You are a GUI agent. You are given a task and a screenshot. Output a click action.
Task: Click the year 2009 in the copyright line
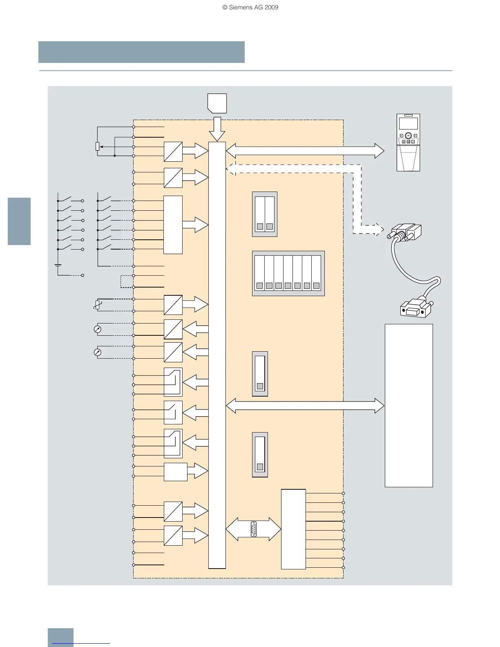click(x=271, y=7)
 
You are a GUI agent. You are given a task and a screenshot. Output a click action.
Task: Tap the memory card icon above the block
click(x=217, y=103)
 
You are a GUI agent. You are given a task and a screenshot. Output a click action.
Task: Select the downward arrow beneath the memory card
click(x=217, y=129)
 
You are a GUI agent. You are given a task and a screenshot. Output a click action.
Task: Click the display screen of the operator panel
click(x=408, y=124)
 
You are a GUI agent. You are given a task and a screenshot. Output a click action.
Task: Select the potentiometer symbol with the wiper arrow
click(x=98, y=146)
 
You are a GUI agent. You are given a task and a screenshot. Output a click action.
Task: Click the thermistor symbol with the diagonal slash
click(x=97, y=305)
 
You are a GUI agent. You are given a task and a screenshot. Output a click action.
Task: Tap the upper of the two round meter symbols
click(x=97, y=329)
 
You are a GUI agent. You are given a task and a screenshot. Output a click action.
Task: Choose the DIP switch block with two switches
click(x=265, y=214)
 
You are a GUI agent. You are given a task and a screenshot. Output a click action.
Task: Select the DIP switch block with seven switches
click(x=288, y=273)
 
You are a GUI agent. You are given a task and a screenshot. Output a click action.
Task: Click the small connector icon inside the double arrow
click(x=253, y=529)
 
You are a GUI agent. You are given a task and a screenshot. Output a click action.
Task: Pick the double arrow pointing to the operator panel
click(x=305, y=151)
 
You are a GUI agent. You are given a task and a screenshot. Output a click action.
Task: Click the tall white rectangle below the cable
click(x=408, y=405)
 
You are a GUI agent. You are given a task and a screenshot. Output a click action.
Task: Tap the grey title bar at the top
click(x=141, y=52)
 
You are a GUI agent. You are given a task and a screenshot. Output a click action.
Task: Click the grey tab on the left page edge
click(x=19, y=221)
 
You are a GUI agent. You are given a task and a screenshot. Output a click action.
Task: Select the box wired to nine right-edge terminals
click(x=293, y=529)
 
